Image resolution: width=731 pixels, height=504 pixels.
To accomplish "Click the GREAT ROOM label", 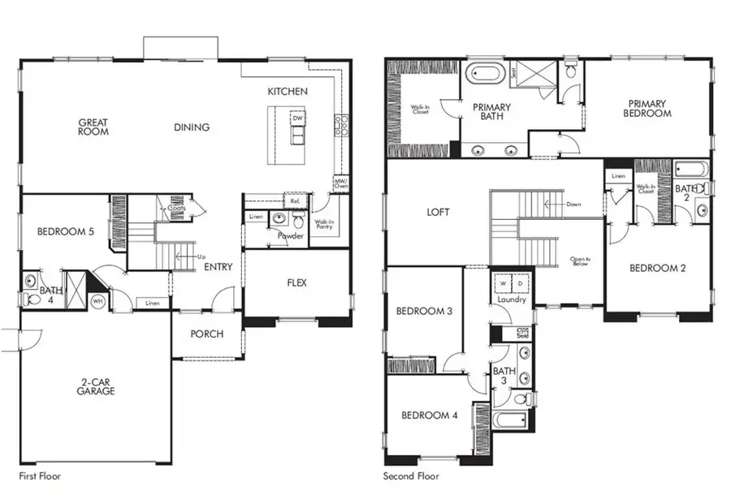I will [93, 127].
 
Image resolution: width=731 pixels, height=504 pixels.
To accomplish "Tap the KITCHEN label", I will [288, 92].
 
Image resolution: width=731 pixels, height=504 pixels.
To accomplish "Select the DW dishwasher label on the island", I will [298, 118].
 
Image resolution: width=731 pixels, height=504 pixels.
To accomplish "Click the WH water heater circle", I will [99, 300].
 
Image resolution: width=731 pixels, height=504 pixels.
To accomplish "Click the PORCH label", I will [206, 334].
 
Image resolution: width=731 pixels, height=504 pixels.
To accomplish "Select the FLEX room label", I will [296, 283].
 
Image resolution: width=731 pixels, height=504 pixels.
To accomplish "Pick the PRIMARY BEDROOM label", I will [647, 109].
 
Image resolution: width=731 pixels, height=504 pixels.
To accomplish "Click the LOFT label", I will [438, 213].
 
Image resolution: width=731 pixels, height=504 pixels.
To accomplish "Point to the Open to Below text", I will [578, 261].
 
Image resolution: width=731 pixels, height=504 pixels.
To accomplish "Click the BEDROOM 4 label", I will [430, 415].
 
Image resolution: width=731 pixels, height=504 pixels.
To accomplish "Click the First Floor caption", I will [40, 476].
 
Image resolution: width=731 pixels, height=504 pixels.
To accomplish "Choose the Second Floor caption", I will [411, 476].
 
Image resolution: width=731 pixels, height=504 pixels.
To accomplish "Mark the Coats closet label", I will [176, 207].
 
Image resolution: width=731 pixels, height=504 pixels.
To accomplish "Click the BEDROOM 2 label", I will [658, 268].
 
